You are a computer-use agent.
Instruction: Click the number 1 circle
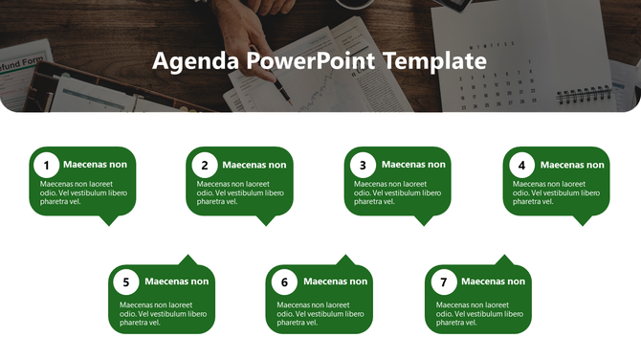click(48, 165)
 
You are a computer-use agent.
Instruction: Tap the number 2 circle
click(205, 165)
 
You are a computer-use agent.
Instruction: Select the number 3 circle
click(363, 165)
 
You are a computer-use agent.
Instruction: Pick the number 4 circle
click(521, 165)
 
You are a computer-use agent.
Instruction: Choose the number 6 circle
click(284, 282)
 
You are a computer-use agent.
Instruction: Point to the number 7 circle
click(443, 282)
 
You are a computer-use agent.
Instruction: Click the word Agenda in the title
click(195, 62)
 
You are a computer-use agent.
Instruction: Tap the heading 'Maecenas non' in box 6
click(335, 281)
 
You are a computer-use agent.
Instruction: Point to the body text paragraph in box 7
click(479, 314)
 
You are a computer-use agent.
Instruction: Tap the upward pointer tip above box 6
click(346, 257)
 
